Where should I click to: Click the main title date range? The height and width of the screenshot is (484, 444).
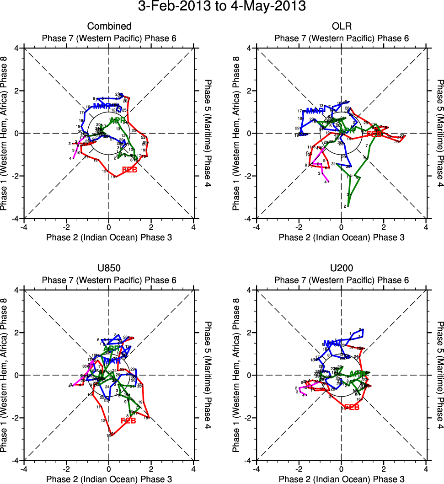click(x=222, y=7)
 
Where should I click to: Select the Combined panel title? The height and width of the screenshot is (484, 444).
click(x=109, y=26)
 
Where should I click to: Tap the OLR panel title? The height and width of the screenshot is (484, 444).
click(x=341, y=26)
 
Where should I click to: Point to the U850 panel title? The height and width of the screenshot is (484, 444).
click(x=109, y=268)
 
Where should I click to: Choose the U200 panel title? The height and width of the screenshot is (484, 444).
click(x=341, y=268)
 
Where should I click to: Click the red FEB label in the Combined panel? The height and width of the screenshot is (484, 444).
click(x=130, y=170)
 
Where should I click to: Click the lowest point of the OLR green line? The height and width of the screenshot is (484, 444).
click(x=348, y=206)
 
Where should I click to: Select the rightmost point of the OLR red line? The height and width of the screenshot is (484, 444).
click(x=405, y=136)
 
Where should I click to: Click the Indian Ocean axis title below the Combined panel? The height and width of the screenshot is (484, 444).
click(x=109, y=237)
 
